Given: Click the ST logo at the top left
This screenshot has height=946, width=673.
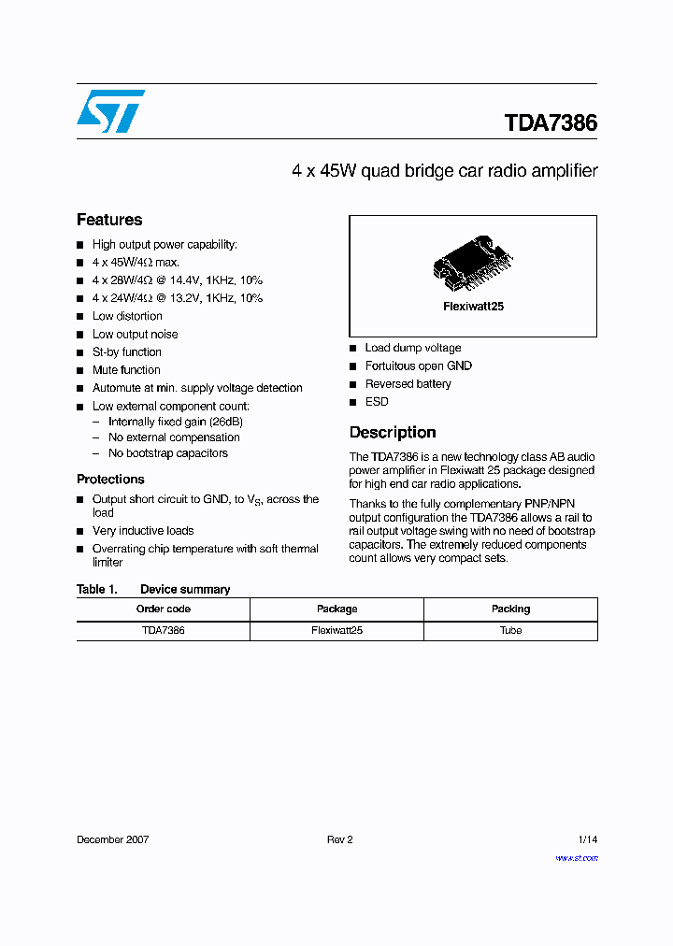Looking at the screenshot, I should [x=110, y=111].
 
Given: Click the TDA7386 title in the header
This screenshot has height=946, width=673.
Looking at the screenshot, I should [x=551, y=123].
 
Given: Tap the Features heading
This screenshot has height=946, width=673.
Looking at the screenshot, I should [x=109, y=220].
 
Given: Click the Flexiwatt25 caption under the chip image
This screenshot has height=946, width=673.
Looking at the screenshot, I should [x=473, y=307].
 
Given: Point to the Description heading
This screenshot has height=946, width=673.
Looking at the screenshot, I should [x=393, y=432].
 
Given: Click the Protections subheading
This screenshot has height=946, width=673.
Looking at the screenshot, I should [x=110, y=479].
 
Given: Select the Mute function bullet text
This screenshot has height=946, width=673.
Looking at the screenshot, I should [x=126, y=370].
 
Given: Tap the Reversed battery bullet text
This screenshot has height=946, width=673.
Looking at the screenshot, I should [x=408, y=384].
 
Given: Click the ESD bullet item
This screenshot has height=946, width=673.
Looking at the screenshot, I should [x=377, y=402].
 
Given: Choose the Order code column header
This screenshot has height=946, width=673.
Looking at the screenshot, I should [x=164, y=609].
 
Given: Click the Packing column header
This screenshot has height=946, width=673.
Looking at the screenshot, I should [x=510, y=609].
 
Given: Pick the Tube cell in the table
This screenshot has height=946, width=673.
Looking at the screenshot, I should [x=510, y=630].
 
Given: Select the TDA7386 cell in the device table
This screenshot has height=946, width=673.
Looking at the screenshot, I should [x=164, y=630].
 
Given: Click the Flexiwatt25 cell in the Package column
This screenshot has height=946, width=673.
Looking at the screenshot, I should [x=336, y=630].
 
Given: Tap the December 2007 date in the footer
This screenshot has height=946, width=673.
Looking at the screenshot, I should [x=112, y=839].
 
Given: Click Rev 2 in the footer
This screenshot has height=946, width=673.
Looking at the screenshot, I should [x=339, y=839].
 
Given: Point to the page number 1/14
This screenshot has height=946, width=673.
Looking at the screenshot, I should [x=588, y=839].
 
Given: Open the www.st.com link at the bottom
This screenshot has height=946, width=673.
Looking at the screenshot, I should [x=577, y=857].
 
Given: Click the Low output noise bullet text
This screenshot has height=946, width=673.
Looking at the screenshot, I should [x=135, y=335].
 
